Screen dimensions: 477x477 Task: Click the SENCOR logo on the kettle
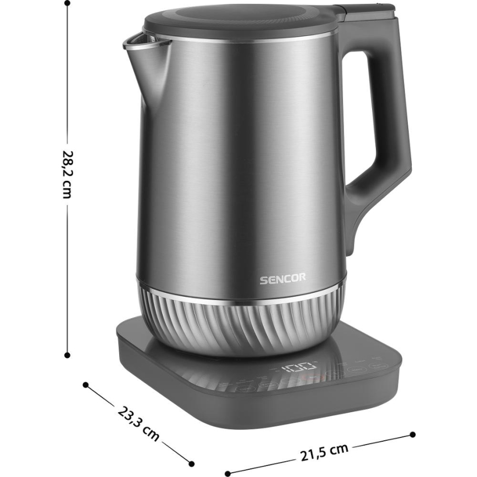click(283, 279)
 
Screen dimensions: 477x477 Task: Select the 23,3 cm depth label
click(138, 423)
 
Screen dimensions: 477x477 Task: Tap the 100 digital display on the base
click(299, 367)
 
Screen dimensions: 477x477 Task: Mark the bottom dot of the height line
click(67, 355)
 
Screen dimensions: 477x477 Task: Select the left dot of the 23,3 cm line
click(86, 384)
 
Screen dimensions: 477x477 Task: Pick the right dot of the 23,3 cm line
click(191, 463)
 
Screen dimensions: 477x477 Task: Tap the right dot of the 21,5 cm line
click(413, 434)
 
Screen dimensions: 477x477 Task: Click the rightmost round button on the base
click(379, 366)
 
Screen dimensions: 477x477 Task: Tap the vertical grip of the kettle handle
click(398, 110)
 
